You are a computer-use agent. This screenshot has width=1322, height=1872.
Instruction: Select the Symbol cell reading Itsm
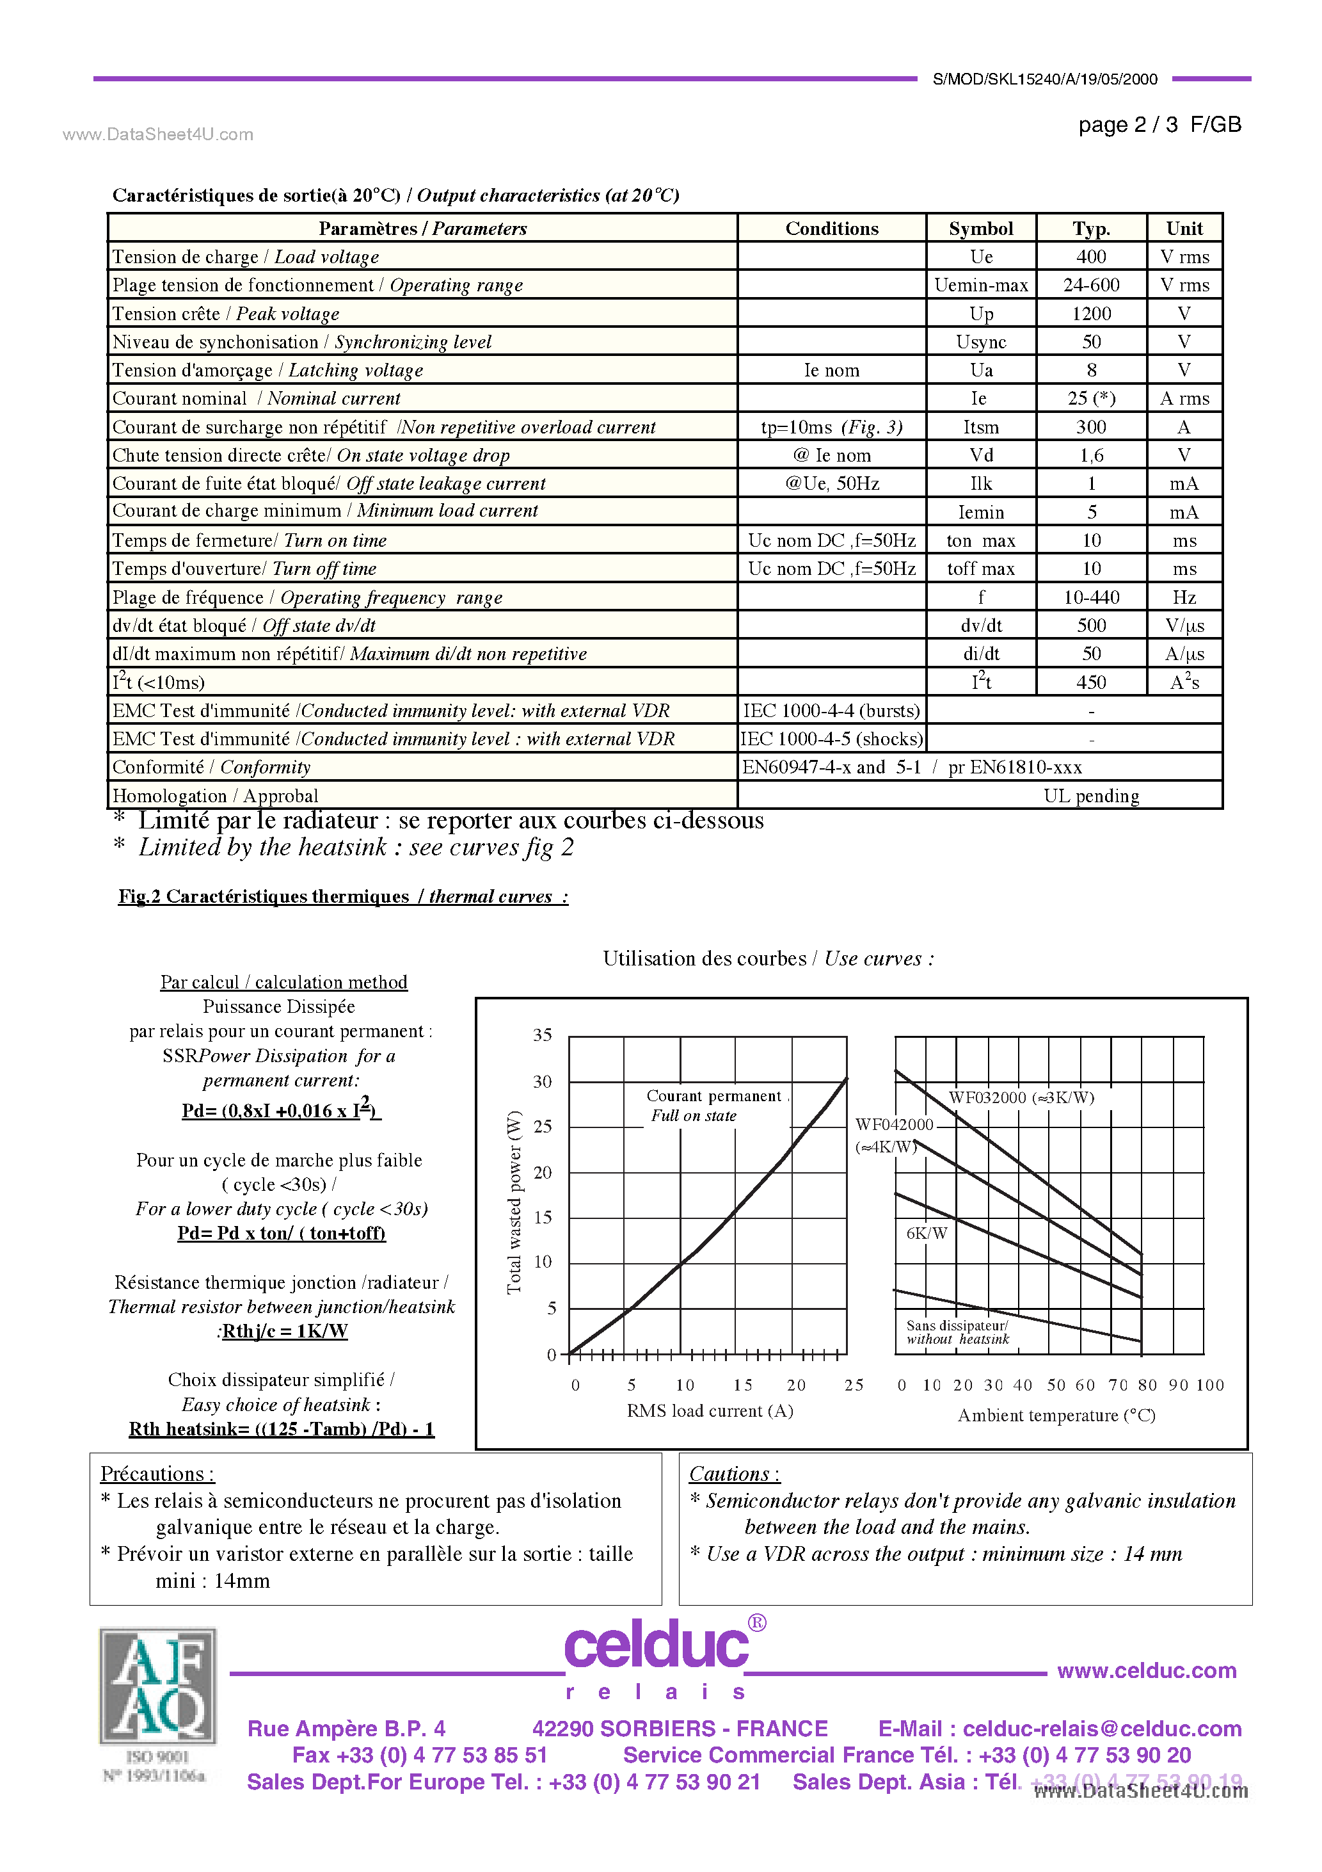[980, 427]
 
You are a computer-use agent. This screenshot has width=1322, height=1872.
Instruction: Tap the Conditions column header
[831, 229]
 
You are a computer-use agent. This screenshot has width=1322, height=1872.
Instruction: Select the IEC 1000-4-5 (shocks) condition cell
[831, 739]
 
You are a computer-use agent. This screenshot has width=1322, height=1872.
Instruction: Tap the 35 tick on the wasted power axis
[542, 1035]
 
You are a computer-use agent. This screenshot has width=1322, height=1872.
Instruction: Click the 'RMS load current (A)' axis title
[709, 1411]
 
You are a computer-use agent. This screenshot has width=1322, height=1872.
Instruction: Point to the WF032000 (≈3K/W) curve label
[1021, 1097]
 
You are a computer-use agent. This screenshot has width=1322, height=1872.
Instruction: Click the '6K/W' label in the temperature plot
[927, 1234]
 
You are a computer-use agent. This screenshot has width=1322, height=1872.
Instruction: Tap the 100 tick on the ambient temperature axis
[1210, 1385]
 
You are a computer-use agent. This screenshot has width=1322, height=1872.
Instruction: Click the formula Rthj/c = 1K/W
[283, 1332]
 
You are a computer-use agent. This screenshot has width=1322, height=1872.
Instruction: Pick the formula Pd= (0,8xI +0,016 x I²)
[280, 1111]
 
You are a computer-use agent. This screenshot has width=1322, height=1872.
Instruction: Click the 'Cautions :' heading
[733, 1474]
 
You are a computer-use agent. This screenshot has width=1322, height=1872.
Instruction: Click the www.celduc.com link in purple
[1146, 1670]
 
